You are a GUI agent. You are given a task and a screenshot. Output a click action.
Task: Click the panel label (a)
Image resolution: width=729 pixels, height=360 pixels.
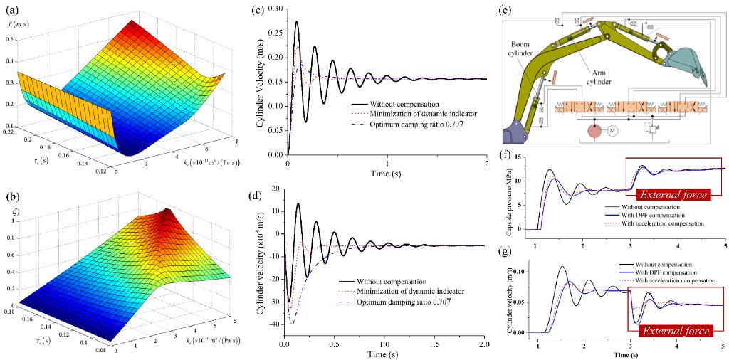pos(8,11)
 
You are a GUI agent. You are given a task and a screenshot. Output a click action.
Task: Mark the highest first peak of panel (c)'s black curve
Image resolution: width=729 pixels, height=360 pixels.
pos(297,22)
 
